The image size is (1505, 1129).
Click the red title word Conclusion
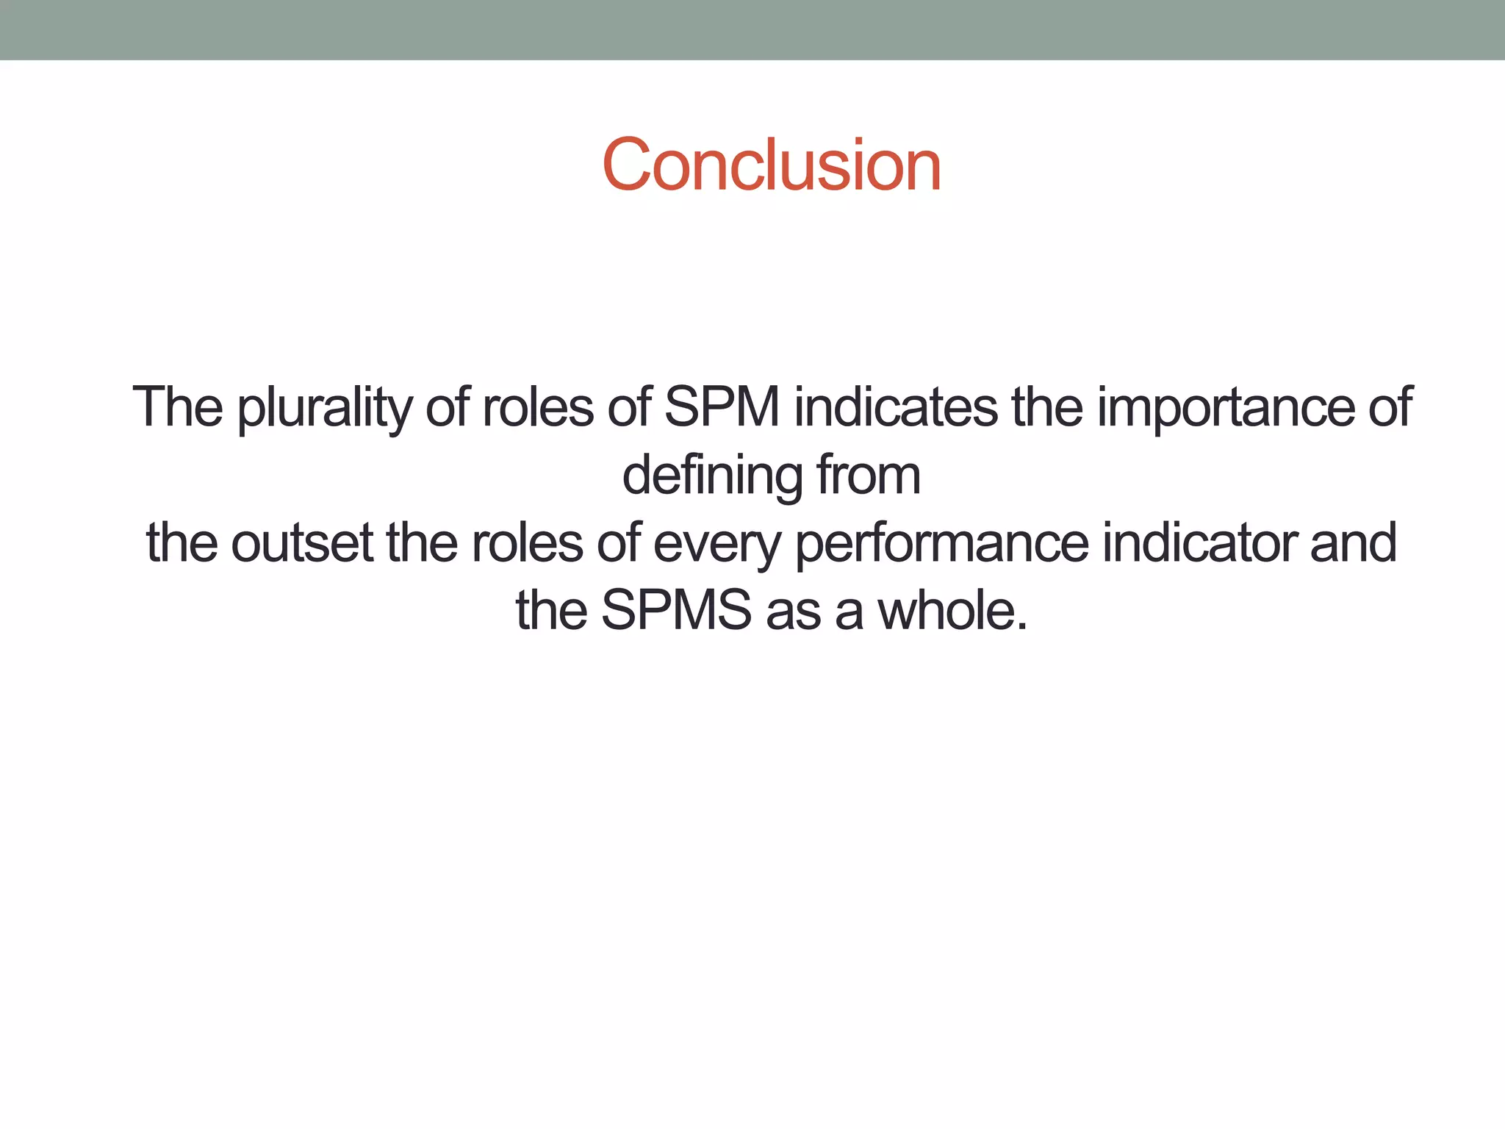coord(771,165)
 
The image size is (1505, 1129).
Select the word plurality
coord(323,409)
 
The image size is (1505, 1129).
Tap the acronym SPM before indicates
coord(722,407)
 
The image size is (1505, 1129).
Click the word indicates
coord(895,407)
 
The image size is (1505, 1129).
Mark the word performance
coord(941,544)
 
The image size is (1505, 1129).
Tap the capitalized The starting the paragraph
coord(177,407)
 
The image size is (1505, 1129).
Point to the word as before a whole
coord(792,612)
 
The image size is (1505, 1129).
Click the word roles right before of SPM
coord(537,407)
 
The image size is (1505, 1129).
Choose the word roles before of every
coord(527,543)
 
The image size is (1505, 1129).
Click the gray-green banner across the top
coord(752,29)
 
